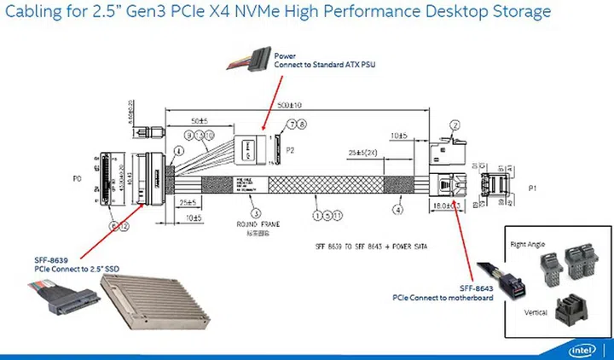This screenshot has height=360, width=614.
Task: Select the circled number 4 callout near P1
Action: (397, 206)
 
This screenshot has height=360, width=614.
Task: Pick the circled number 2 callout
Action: (455, 125)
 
